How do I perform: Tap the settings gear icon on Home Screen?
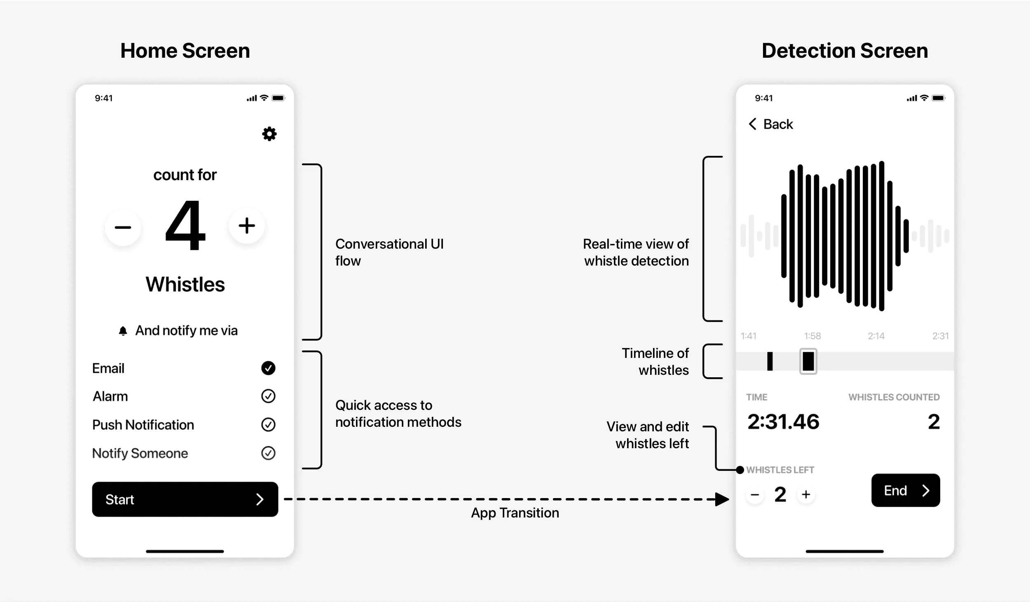pos(269,134)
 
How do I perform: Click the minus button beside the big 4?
pos(123,227)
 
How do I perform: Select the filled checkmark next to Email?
pos(268,368)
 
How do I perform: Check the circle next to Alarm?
pos(268,396)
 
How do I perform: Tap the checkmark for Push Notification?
pos(268,425)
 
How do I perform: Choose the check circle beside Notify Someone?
pos(268,453)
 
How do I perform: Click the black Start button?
pos(185,499)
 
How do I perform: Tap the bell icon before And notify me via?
pos(123,331)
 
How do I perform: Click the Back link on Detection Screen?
pos(770,124)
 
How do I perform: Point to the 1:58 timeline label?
pos(812,336)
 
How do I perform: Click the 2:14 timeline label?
pos(876,336)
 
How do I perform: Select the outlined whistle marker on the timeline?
pos(808,361)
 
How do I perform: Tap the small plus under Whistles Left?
pos(806,494)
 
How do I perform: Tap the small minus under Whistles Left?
pos(755,494)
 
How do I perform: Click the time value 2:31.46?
pos(783,422)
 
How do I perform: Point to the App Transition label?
pos(515,513)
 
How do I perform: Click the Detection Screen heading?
pos(845,51)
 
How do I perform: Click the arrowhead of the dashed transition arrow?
pos(722,499)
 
